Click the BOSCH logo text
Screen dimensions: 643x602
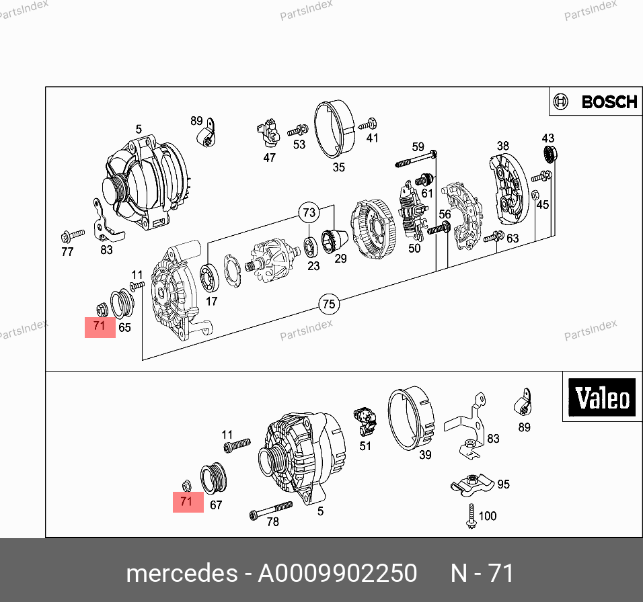(609, 102)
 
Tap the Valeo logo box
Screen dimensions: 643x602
(602, 397)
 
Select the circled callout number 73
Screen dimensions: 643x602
(309, 212)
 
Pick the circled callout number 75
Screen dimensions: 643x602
(329, 304)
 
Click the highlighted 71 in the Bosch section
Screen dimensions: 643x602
(100, 327)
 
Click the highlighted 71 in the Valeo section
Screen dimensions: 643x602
(188, 502)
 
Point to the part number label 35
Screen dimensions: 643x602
(339, 167)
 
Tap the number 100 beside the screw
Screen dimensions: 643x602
(488, 515)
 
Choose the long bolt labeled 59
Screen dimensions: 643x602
(416, 159)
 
